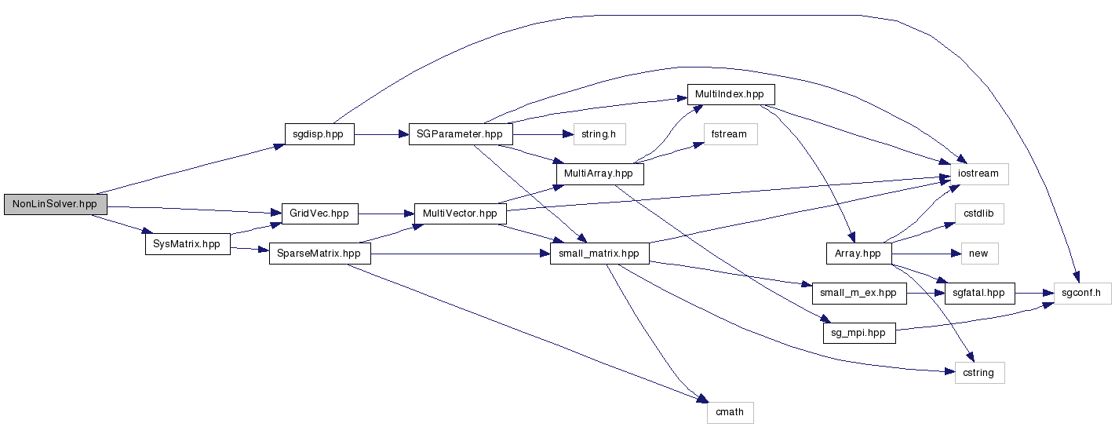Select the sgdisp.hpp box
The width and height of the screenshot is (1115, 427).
319,134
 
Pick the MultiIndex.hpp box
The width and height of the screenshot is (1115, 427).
730,94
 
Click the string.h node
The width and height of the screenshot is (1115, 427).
599,134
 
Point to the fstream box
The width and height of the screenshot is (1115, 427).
730,134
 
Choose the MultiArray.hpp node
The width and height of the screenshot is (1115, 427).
599,173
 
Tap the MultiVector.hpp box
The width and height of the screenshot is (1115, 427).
460,213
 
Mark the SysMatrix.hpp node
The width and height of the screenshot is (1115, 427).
187,244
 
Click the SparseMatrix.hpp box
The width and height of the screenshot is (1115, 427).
319,254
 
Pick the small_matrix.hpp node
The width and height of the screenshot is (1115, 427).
599,254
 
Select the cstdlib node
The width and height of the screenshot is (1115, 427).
978,213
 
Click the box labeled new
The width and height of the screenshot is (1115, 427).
978,254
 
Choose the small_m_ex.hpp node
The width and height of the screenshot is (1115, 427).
858,293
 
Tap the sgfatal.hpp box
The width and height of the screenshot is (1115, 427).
978,293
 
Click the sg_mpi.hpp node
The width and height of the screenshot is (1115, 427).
858,333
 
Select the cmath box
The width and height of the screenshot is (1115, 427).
730,412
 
